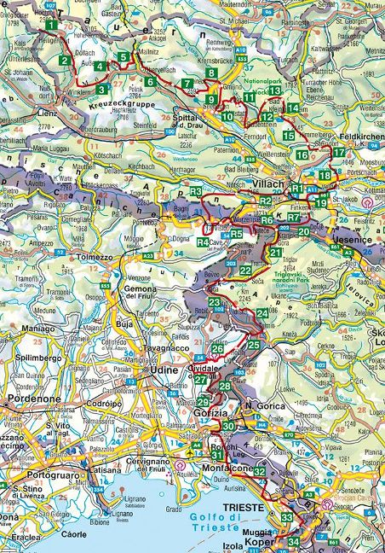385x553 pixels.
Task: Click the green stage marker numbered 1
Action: point(52,25)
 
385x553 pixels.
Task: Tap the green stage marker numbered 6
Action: point(149,82)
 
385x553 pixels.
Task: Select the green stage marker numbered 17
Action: point(339,153)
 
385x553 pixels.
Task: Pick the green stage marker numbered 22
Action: point(245,271)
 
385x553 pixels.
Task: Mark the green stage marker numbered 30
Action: point(228,427)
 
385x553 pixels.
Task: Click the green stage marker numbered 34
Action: point(293,542)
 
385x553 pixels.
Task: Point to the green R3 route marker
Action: point(196,191)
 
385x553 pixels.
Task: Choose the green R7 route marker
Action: point(294,217)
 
